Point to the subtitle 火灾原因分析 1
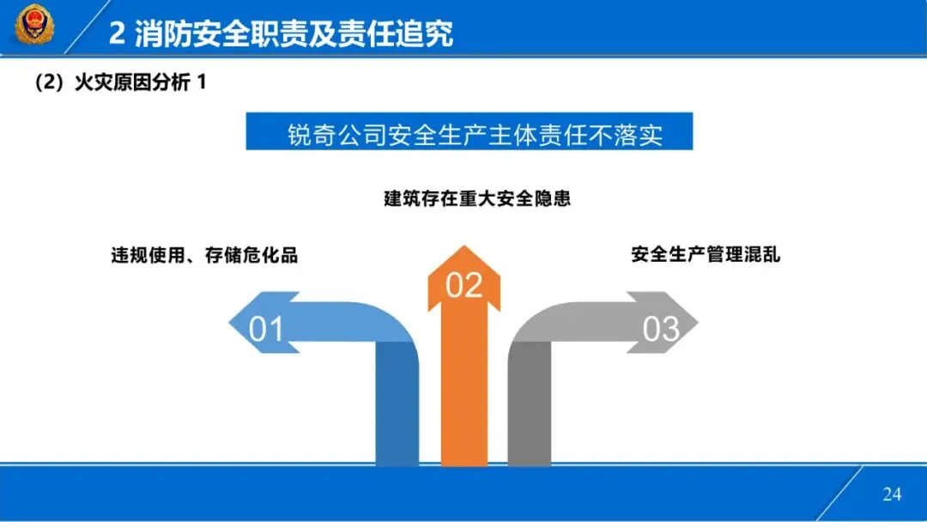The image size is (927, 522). coord(120,83)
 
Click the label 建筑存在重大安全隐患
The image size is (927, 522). coord(477,199)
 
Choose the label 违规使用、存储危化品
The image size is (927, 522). coord(204,255)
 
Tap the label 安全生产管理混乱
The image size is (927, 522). coord(706,255)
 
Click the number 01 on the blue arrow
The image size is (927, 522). coord(266,329)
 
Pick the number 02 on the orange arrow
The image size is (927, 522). coord(464,285)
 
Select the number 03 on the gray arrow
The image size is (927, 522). coord(661,329)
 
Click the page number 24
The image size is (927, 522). coord(892,494)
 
